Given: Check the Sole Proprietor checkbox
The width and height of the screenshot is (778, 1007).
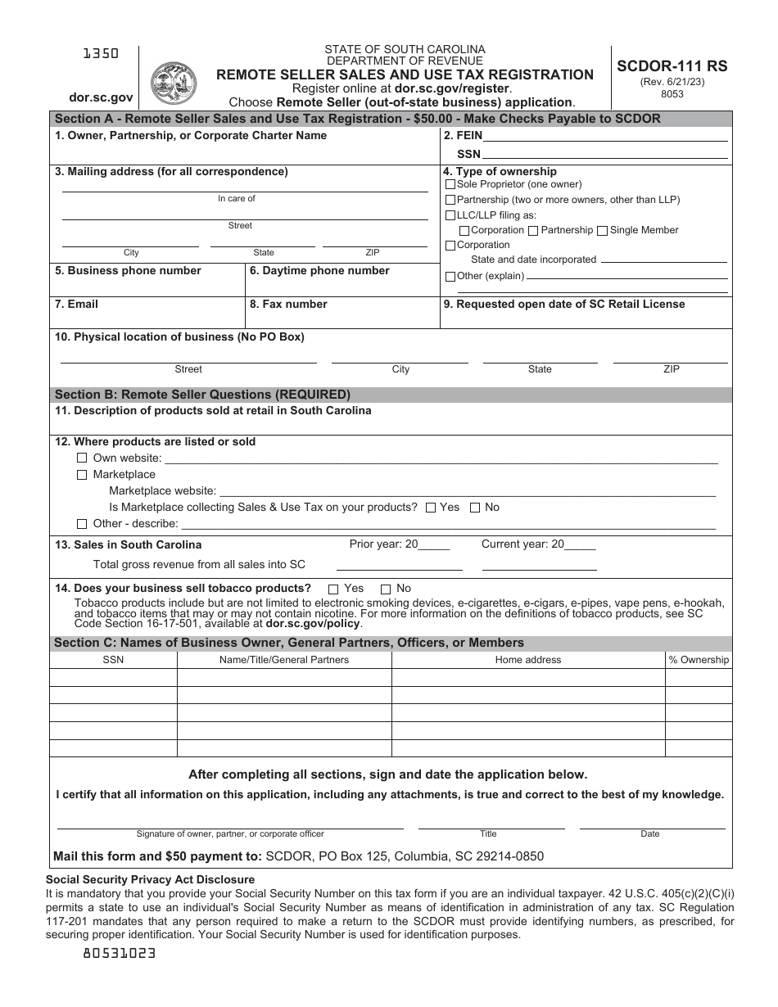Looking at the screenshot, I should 450,185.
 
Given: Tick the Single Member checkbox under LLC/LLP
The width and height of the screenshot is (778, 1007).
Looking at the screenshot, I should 603,231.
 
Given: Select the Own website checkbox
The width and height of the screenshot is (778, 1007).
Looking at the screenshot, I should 82,458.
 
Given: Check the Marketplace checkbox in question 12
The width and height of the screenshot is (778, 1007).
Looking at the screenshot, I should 82,475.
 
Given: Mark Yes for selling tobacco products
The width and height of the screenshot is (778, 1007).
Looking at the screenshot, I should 333,589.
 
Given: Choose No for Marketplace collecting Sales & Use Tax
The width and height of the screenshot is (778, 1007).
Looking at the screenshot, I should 475,508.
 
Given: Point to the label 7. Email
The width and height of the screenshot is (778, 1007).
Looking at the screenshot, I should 76,304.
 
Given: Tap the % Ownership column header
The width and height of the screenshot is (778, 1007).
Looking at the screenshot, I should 699,660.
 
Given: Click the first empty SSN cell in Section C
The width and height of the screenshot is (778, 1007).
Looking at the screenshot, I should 113,677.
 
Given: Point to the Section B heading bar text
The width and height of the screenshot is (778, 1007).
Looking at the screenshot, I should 202,395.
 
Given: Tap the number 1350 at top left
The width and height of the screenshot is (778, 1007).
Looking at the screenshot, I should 101,53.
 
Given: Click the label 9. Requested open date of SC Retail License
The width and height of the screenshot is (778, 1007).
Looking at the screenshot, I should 563,304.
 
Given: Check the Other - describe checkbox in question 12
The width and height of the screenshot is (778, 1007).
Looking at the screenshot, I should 82,524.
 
